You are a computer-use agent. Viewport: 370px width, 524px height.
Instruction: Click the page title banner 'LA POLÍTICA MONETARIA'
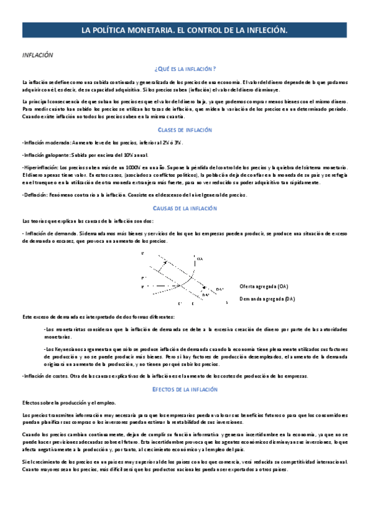tap(185, 30)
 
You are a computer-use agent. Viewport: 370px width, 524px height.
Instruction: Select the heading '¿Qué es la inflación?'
tap(185, 69)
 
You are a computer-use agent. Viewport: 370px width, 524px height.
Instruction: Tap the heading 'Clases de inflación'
tap(185, 130)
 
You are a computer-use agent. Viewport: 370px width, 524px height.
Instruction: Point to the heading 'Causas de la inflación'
tap(185, 209)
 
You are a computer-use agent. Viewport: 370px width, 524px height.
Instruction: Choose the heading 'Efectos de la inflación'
tap(185, 389)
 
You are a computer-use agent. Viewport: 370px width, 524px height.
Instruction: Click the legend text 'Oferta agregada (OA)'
tap(264, 287)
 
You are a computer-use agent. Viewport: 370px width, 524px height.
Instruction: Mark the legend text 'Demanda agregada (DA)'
tap(267, 299)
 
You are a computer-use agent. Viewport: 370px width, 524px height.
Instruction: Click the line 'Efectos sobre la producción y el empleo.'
tap(62, 402)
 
